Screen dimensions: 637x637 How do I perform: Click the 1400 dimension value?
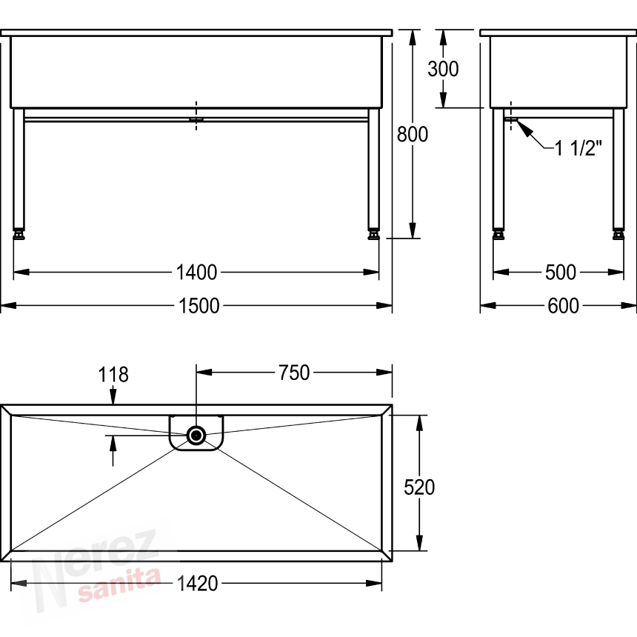[x=196, y=272]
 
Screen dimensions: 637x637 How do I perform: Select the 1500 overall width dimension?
[x=199, y=305]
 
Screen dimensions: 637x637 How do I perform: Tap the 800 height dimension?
[x=413, y=134]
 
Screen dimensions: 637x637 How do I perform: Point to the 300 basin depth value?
[x=443, y=69]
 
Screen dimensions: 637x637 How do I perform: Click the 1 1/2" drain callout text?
[x=578, y=148]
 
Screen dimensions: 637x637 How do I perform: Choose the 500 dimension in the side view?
[x=561, y=272]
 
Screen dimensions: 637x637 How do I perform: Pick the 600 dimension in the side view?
[x=563, y=305]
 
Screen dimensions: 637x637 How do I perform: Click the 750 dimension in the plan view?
[x=294, y=373]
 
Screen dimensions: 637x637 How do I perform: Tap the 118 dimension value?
[x=113, y=375]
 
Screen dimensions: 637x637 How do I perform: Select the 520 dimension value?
[x=419, y=487]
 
